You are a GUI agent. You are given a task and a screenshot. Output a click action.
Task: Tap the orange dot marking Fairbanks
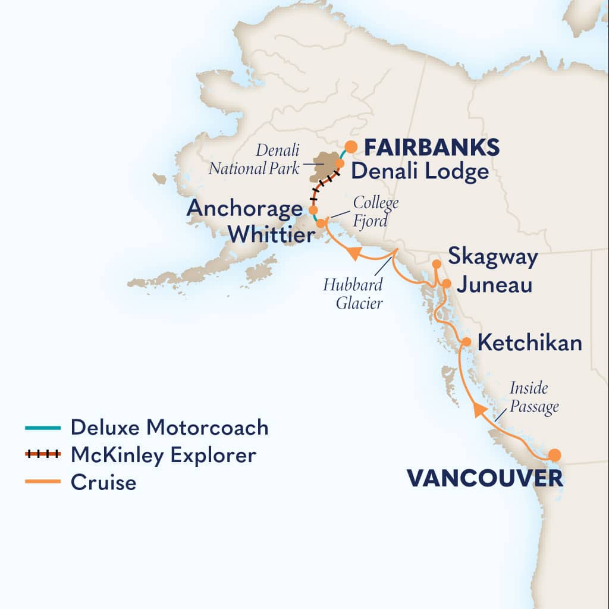[351, 146]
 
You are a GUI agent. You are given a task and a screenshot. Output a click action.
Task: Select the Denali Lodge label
[419, 172]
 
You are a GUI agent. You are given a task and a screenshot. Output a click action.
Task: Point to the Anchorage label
[244, 209]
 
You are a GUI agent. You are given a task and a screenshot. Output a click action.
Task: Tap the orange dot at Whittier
[321, 224]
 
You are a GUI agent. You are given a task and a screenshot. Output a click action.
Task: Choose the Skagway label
[493, 258]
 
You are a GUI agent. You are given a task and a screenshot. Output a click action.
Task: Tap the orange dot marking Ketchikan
[467, 342]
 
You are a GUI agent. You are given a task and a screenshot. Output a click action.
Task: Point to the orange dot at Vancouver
[554, 456]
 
